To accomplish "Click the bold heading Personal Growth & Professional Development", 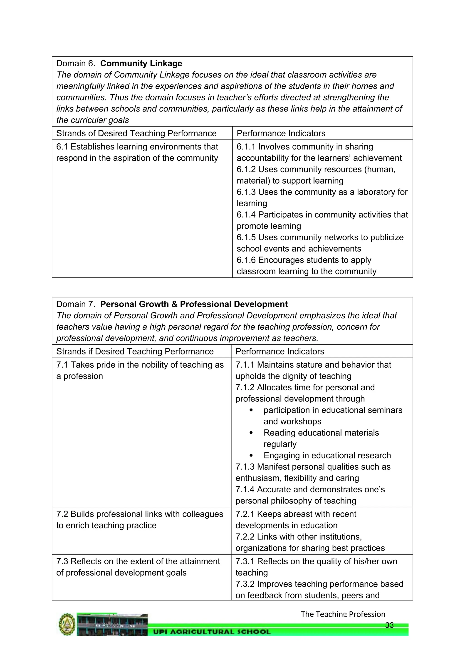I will coord(194,304).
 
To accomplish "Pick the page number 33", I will coord(389,625).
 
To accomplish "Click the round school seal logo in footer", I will coord(67,624).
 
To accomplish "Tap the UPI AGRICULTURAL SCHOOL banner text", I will coord(212,632).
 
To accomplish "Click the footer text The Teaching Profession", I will coord(343,614).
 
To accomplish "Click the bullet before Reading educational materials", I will coord(251,433).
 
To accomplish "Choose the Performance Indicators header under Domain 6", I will coord(281,133).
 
